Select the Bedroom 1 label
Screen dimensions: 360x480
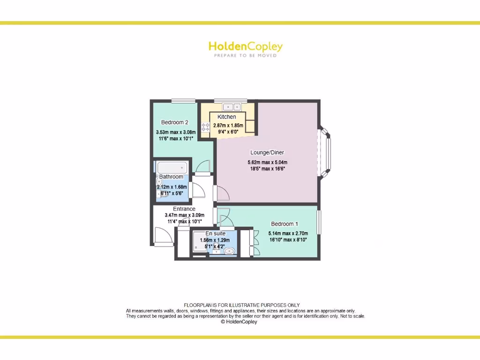285,224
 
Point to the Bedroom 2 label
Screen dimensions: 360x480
174,122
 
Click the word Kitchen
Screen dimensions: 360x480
226,117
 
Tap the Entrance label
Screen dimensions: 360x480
184,209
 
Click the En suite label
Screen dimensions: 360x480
216,233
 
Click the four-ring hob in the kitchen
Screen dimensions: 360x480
205,126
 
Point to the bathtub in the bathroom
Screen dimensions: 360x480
172,168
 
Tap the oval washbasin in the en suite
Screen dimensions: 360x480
229,251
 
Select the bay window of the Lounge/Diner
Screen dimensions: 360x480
326,153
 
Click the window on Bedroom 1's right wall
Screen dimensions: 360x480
319,221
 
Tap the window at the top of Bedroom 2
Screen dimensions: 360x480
183,101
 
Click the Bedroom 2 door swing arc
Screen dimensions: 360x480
203,166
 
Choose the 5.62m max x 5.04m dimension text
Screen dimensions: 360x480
267,163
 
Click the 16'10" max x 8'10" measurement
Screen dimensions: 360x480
288,240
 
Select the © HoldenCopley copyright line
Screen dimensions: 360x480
239,322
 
